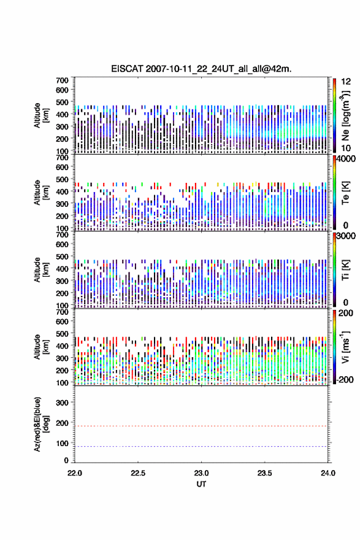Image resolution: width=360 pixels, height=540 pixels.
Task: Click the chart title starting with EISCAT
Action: coord(201,69)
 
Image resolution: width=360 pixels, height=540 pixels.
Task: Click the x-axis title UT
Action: coord(201,484)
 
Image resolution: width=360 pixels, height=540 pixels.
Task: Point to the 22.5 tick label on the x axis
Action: coord(138,473)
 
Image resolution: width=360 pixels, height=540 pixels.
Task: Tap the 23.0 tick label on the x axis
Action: coord(201,473)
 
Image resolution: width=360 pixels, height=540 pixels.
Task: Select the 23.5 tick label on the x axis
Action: coord(265,473)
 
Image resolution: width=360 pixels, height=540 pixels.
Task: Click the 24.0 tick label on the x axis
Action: coord(327,473)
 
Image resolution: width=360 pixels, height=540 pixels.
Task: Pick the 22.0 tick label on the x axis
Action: coord(75,473)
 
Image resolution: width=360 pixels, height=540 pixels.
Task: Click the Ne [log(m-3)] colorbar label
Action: coord(345,116)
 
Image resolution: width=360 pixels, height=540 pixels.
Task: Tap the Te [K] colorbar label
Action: coord(345,193)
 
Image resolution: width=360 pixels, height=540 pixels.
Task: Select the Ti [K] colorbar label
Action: coord(345,269)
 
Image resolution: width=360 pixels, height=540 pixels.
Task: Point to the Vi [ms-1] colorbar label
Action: coord(345,347)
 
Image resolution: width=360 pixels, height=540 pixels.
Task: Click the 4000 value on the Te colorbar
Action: coord(346,159)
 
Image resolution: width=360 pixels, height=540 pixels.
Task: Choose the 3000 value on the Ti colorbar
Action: coord(346,236)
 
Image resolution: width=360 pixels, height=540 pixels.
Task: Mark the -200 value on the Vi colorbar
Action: coord(345,379)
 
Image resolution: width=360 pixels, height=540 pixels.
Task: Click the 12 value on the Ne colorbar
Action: coord(346,82)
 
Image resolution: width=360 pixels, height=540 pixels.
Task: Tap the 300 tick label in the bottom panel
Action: coord(62,403)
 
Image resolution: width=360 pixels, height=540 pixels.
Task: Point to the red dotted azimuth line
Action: coord(201,426)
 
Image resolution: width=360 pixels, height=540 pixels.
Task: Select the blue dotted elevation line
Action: coord(201,446)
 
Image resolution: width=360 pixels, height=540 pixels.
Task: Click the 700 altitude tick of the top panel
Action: coord(62,80)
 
